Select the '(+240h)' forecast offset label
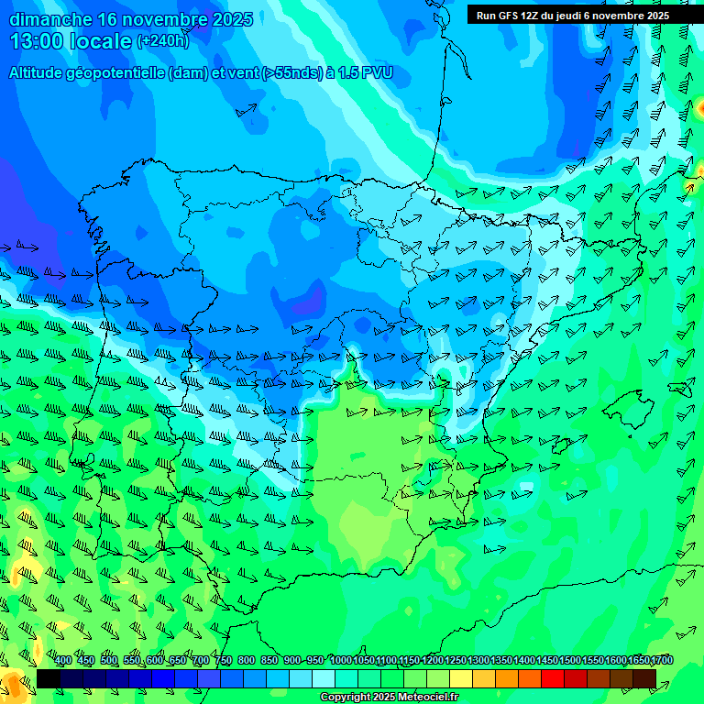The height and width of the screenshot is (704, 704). (162, 40)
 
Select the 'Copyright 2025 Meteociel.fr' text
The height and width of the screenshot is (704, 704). (390, 698)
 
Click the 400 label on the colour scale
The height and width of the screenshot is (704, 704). (63, 661)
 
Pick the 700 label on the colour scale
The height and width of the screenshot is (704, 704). (201, 661)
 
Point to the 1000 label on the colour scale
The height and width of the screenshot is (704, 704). (340, 661)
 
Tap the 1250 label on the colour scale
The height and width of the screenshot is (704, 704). (456, 661)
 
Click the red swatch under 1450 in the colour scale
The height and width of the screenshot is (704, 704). (552, 678)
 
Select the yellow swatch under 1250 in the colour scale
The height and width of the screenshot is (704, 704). (460, 678)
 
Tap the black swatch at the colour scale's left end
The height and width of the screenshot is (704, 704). (48, 678)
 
